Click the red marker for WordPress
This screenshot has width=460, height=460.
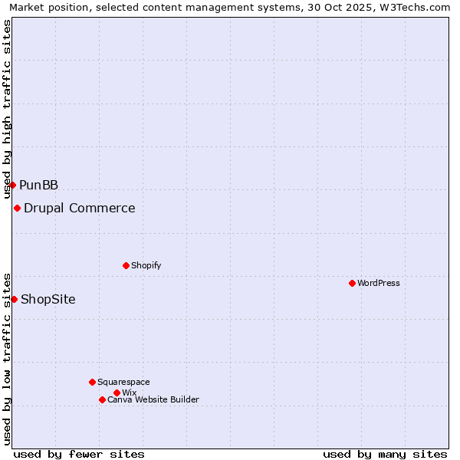352,283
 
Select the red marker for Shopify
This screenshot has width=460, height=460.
126,265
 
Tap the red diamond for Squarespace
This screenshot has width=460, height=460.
92,382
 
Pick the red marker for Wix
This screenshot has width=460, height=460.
117,393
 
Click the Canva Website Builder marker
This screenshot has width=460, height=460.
102,399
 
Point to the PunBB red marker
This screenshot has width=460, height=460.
12,185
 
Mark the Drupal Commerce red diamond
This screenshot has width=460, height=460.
17,208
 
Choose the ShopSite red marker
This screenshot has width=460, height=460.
14,299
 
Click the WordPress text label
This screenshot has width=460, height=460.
379,283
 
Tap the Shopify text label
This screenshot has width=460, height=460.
146,265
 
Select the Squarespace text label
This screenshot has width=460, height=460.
123,382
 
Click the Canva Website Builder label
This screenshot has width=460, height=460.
153,399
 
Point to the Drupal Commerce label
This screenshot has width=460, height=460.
80,208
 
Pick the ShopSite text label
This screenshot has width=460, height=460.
48,299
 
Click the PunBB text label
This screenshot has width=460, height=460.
39,185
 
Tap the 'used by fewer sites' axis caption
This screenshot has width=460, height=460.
79,454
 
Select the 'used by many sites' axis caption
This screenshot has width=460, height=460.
385,454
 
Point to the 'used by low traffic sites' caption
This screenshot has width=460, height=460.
8,358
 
